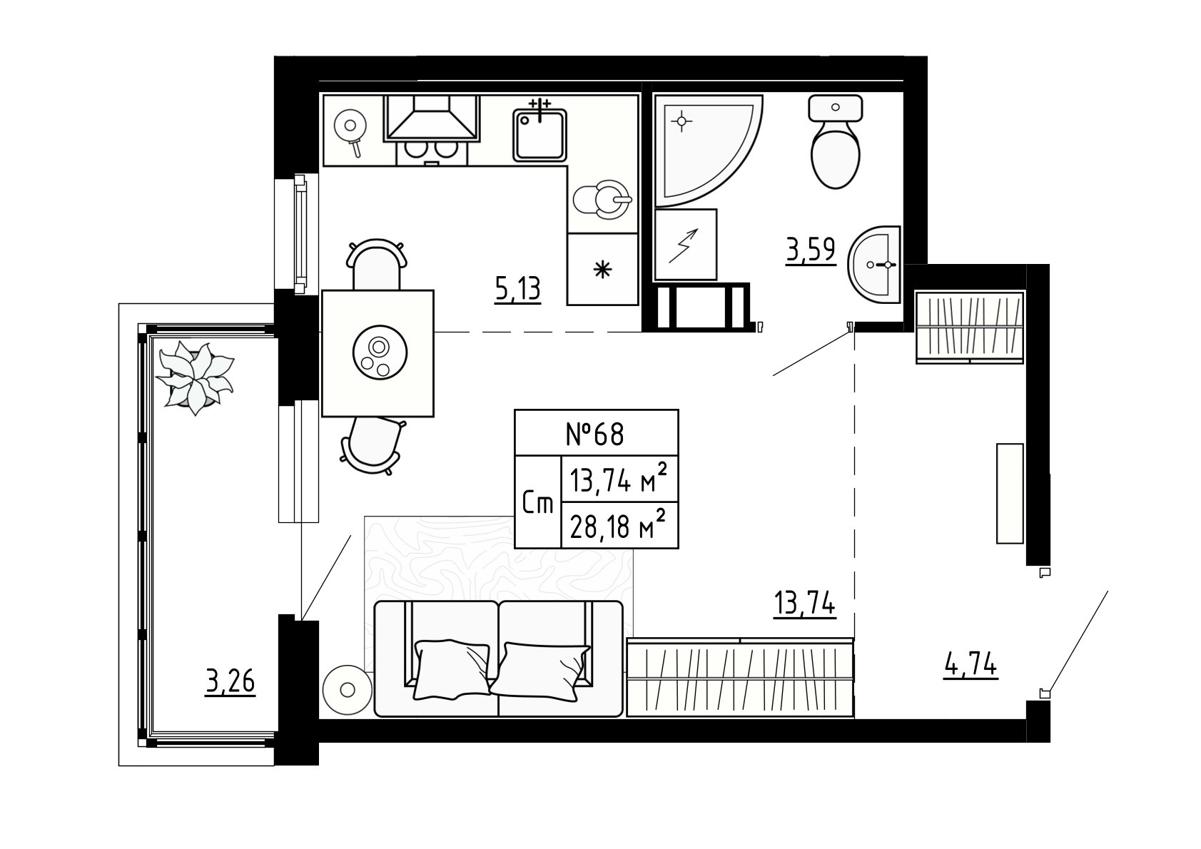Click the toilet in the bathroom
[835, 142]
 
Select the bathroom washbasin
[875, 265]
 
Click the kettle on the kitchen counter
[603, 200]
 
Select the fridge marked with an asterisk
[603, 270]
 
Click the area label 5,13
[517, 290]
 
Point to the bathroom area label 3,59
[811, 251]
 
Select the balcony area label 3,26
[230, 683]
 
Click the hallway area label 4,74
[971, 666]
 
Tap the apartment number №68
[595, 434]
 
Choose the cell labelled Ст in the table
[538, 503]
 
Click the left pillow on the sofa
[452, 670]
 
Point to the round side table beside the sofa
[348, 690]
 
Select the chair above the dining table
[376, 264]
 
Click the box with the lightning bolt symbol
[686, 245]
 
